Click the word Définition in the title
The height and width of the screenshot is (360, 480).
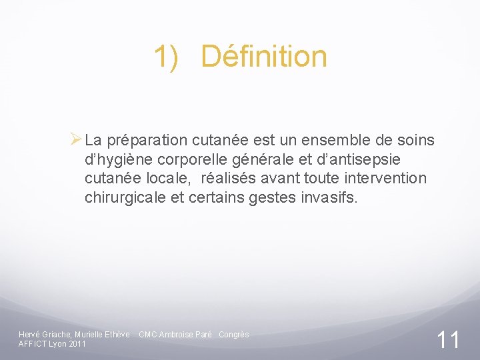click(264, 57)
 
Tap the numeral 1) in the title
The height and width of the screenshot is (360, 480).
click(167, 57)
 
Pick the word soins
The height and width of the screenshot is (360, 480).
click(415, 141)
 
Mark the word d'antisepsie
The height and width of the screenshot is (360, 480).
click(362, 160)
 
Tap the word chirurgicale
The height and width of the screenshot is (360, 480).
click(125, 198)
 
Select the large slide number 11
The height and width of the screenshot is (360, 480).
click(448, 340)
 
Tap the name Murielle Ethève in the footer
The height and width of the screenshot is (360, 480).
click(103, 335)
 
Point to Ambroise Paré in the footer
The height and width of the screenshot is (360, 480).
click(185, 335)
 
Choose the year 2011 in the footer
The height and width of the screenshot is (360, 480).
click(77, 344)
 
